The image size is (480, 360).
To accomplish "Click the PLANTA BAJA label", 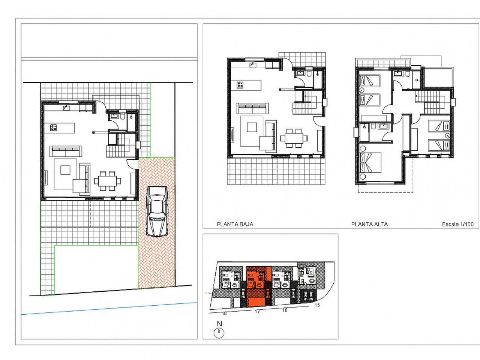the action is coord(235,224).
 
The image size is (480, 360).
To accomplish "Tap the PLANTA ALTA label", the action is coord(369,224).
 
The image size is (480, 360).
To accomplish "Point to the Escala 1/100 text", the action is coord(458,224).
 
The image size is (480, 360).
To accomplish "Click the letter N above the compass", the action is coord(219,324).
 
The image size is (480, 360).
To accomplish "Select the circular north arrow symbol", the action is coord(219,333).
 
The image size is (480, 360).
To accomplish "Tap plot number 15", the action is coord(317,305).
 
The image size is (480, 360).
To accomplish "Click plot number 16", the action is coord(285,310).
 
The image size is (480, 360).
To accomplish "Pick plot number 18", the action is coord(224,313).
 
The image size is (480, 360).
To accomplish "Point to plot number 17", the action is coord(257,312).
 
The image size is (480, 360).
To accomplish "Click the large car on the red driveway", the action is coord(157,211).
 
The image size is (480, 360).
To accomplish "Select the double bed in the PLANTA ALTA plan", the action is coord(370,163).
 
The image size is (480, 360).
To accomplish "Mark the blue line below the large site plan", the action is coord(109,309).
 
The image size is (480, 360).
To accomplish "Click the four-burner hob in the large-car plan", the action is coord(53,127).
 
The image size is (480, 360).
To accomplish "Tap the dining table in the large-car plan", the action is coord(107,181).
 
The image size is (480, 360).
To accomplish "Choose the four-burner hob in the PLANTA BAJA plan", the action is coord(240,85).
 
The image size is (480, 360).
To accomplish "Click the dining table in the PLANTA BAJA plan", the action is coord(294,138).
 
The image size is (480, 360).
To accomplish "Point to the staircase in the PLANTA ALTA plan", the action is coord(432,102).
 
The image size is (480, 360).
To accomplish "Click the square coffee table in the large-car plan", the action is coord(65,170).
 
